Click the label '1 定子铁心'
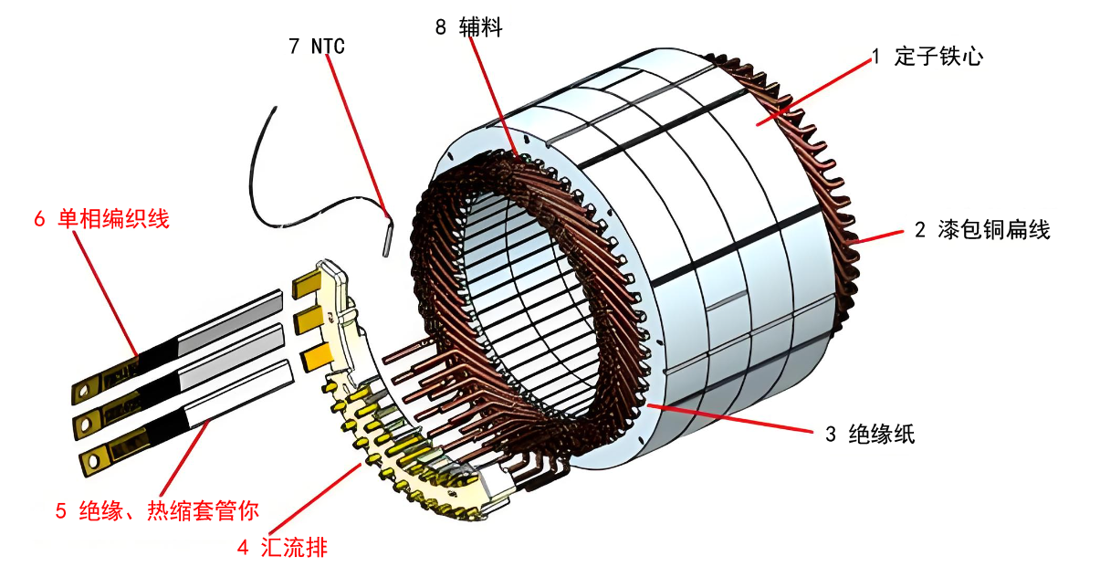pyautogui.click(x=927, y=57)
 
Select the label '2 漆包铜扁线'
pyautogui.click(x=982, y=229)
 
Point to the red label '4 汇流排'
pyautogui.click(x=281, y=548)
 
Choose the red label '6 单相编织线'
pyautogui.click(x=101, y=219)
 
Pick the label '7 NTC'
pyautogui.click(x=316, y=46)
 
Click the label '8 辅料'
pyautogui.click(x=468, y=28)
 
